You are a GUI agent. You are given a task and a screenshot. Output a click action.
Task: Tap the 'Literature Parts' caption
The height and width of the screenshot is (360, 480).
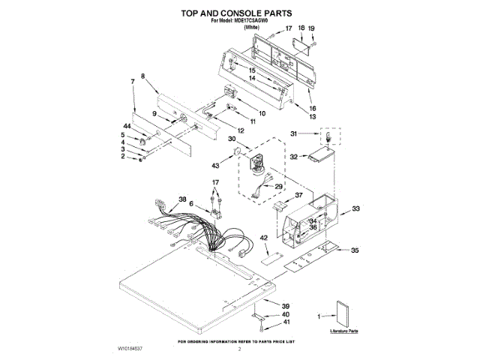(x=344, y=330)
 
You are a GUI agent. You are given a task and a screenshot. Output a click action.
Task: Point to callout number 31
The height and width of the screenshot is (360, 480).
(x=295, y=133)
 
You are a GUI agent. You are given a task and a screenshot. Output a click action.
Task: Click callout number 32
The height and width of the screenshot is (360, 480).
(x=295, y=157)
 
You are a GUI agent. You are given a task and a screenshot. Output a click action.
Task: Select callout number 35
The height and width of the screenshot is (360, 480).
(x=355, y=250)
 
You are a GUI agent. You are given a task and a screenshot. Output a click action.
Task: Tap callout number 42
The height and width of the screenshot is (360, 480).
(x=264, y=238)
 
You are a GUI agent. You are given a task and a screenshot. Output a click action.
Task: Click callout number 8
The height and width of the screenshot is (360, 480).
(x=143, y=76)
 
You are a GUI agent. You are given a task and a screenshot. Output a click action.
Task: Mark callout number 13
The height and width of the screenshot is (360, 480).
(x=312, y=117)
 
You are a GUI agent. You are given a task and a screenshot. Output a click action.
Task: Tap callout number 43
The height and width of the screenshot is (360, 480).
(x=216, y=165)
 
